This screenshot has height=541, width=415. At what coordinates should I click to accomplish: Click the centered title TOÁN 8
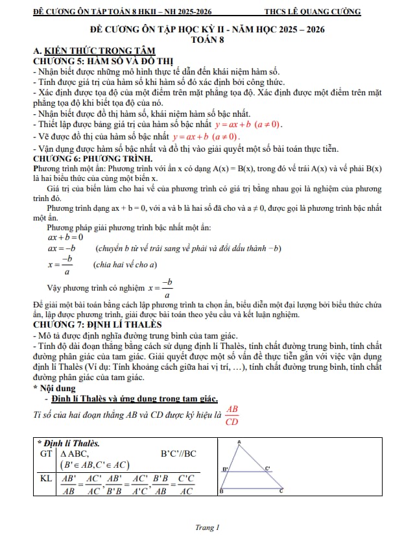207,40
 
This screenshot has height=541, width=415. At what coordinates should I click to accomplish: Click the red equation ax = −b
62,248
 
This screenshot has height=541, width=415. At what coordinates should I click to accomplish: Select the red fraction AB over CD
232,415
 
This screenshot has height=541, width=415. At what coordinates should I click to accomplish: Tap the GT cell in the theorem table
45,454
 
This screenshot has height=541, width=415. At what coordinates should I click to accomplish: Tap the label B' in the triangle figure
226,468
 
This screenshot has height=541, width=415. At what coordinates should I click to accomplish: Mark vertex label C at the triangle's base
281,492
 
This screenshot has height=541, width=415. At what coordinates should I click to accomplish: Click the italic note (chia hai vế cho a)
126,265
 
